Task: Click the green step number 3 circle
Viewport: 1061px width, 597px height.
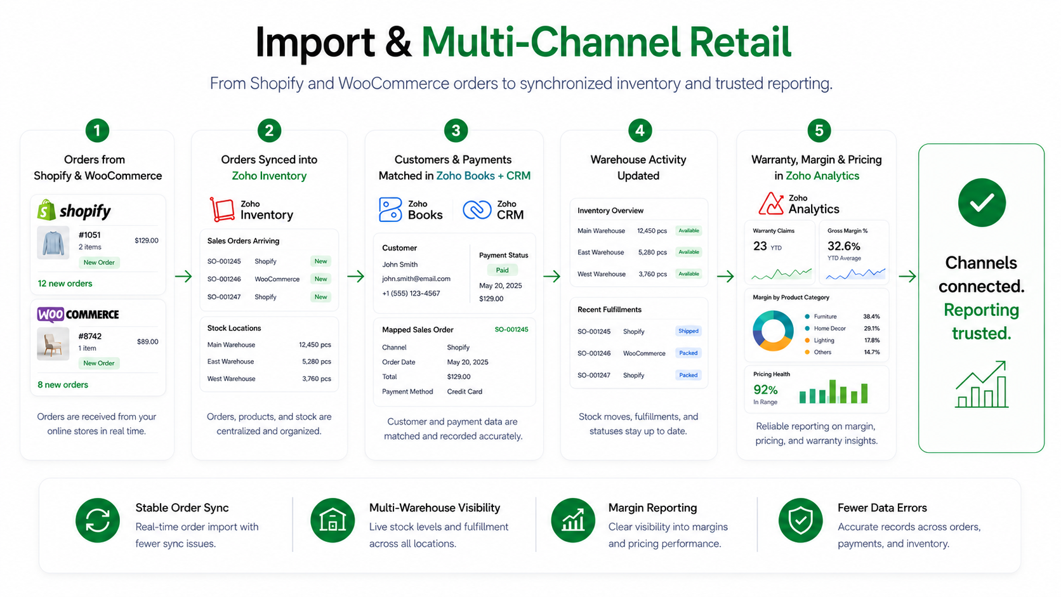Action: point(456,130)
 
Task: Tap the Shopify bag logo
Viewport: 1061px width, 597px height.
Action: point(46,210)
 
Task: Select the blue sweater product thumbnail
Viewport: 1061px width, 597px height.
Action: point(53,242)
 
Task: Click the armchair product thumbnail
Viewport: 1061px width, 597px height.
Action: point(53,344)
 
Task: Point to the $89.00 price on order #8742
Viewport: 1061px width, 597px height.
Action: point(147,341)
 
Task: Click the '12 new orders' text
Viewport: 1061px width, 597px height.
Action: point(65,284)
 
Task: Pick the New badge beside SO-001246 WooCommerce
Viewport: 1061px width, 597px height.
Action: point(320,279)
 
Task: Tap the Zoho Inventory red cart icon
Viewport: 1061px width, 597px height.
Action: point(222,209)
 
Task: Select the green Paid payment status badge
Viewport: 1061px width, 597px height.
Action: point(502,270)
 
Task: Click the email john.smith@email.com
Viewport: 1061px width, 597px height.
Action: point(416,279)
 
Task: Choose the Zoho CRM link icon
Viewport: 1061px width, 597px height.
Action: point(477,210)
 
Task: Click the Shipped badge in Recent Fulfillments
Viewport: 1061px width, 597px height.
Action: point(688,331)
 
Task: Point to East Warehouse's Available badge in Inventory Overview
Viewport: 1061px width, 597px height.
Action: point(689,252)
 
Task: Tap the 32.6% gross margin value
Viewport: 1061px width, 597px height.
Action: point(843,246)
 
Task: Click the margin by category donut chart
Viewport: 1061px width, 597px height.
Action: point(773,331)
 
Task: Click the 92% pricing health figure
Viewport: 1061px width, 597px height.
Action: point(765,390)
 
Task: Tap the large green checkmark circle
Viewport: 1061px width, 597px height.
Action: point(982,202)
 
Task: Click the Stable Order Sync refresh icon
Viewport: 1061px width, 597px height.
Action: point(98,520)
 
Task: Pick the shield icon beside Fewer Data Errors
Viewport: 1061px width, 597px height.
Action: point(800,520)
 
